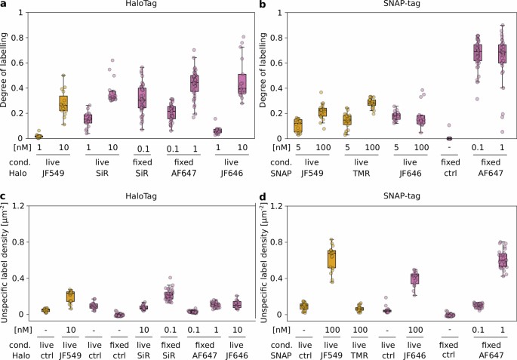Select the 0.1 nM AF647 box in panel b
pos(476,53)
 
